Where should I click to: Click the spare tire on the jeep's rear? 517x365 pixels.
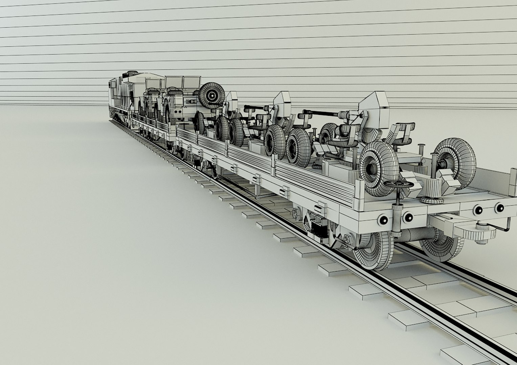coord(212,95)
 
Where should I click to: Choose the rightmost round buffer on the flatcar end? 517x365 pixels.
coord(499,208)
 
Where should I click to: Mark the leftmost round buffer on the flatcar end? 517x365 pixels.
coord(384,220)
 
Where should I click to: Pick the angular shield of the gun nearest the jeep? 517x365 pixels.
coord(232,100)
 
